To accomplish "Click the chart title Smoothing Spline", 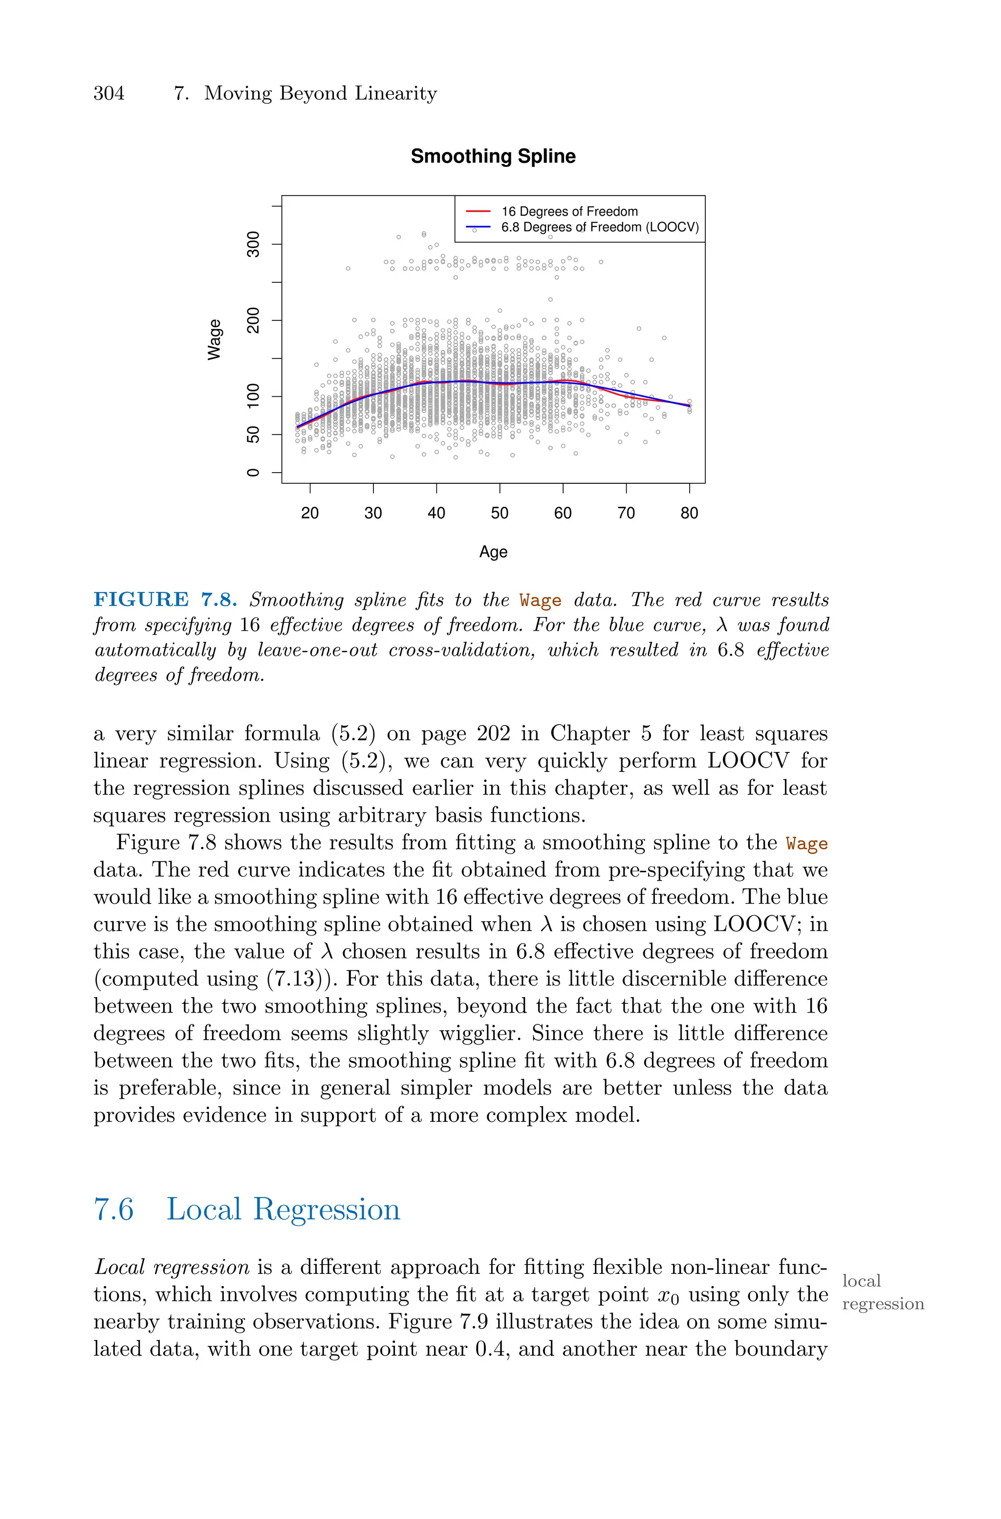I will (x=493, y=157).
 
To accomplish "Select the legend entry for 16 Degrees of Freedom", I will (x=569, y=211).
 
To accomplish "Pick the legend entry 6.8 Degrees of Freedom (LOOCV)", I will (x=599, y=227).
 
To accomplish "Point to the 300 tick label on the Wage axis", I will (x=254, y=244).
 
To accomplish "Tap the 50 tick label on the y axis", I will (x=254, y=434).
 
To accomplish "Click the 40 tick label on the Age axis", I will (x=436, y=513).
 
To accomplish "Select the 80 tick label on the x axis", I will (x=689, y=513).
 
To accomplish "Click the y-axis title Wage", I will (x=215, y=339).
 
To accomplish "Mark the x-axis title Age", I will (x=493, y=552).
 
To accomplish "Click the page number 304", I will (x=109, y=93).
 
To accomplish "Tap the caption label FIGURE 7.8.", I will (x=165, y=600).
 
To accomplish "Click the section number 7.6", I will (x=113, y=1209).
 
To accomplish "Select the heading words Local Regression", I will (x=283, y=1209).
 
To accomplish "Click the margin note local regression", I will (x=882, y=1292).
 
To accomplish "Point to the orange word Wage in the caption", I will (x=540, y=601).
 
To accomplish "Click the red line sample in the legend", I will (x=478, y=211).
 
